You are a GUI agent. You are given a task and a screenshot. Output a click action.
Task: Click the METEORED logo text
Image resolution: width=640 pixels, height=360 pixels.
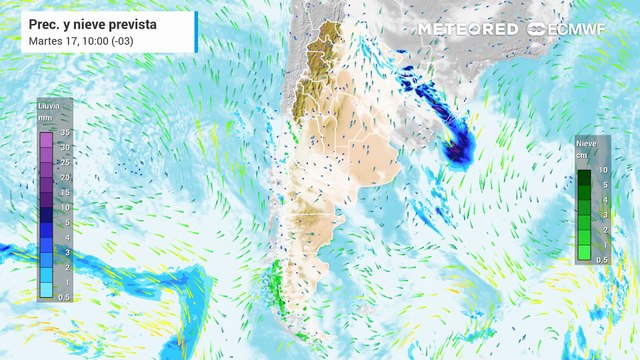tap(467, 29)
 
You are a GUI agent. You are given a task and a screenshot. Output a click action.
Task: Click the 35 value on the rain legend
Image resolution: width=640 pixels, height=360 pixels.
tap(63, 131)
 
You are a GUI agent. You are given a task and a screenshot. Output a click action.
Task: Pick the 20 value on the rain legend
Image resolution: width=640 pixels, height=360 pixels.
tap(63, 177)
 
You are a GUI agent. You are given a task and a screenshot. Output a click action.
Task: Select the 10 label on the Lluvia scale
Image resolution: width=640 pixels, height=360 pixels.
tap(63, 207)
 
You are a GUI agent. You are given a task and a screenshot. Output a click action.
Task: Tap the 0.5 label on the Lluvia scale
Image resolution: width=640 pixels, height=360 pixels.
tap(63, 297)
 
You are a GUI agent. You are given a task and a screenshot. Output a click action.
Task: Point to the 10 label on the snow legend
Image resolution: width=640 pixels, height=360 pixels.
tap(603, 171)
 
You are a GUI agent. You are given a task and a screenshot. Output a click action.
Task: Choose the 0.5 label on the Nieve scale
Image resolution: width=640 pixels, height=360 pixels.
tap(603, 259)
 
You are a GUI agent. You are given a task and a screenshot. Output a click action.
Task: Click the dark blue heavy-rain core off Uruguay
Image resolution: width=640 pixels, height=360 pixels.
tap(458, 150)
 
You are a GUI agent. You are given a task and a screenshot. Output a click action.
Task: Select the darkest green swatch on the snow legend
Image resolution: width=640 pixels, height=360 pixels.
tap(585, 178)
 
